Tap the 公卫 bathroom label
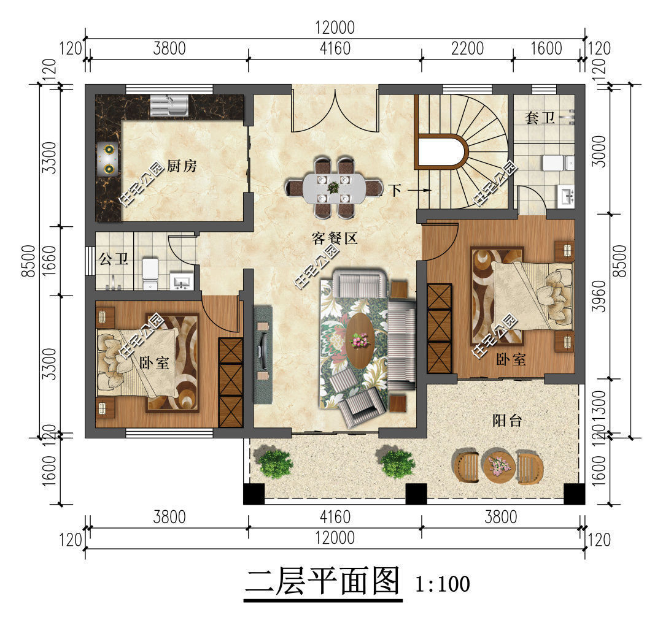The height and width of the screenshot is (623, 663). point(114,259)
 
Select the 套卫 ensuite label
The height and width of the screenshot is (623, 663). point(540,118)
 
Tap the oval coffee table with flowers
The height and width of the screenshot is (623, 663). point(360,341)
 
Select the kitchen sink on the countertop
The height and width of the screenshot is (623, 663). point(167,104)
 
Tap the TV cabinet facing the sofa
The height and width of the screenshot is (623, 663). point(263,354)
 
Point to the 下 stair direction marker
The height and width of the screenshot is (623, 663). point(396,190)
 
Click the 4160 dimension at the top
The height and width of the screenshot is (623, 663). point(335,48)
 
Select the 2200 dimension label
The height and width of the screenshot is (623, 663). point(467,48)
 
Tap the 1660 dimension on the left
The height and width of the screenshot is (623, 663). point(49,261)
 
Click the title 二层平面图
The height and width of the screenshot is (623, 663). point(322,581)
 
